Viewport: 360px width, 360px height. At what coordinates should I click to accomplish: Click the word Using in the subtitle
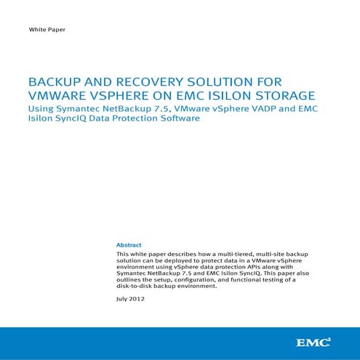pos(40,108)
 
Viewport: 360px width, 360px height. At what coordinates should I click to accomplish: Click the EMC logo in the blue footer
pos(313,341)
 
